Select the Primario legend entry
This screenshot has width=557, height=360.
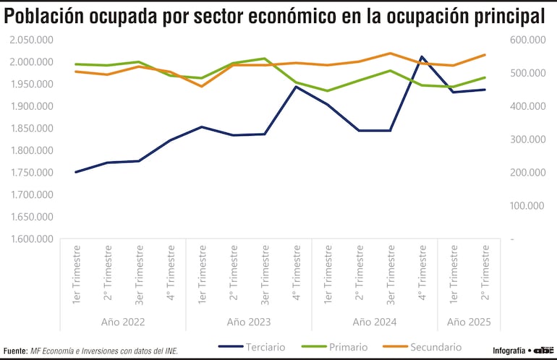click(349, 347)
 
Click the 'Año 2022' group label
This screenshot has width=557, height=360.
click(123, 322)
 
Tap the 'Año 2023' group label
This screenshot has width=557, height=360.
click(248, 322)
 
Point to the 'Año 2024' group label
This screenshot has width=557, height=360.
click(374, 322)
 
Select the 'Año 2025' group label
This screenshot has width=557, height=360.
click(469, 322)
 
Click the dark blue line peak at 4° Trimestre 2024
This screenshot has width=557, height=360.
click(422, 56)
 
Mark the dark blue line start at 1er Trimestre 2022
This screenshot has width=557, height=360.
click(76, 172)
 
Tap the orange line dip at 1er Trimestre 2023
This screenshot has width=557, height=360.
click(202, 86)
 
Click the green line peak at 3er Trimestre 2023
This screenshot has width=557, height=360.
click(265, 59)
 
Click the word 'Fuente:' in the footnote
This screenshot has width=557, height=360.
click(15, 351)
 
